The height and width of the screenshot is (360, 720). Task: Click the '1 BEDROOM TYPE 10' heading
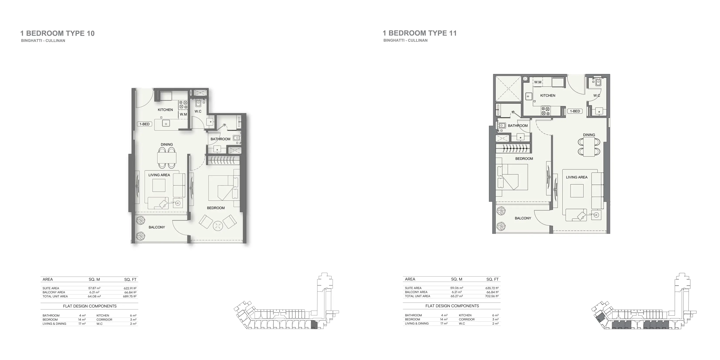[x=57, y=34]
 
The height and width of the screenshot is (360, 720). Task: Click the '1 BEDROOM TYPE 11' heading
[x=420, y=33]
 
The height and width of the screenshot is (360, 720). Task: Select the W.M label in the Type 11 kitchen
[x=538, y=82]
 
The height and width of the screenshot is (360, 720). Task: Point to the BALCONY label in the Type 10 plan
[x=157, y=227]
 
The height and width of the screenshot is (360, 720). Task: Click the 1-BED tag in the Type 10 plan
[x=145, y=124]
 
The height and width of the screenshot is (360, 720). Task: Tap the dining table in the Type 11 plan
[x=589, y=147]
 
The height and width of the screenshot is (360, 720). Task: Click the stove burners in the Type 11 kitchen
[x=545, y=111]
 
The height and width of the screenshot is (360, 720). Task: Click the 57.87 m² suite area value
[x=94, y=288]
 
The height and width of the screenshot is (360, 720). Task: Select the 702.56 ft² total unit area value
[x=492, y=296]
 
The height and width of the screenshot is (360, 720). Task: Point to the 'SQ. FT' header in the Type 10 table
[x=130, y=279]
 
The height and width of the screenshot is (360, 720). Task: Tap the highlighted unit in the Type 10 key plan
[x=314, y=325]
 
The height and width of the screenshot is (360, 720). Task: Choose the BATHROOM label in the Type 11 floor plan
[x=518, y=126]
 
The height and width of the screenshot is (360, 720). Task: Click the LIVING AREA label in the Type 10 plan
[x=159, y=175]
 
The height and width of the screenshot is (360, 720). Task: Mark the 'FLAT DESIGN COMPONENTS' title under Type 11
[x=452, y=306]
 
